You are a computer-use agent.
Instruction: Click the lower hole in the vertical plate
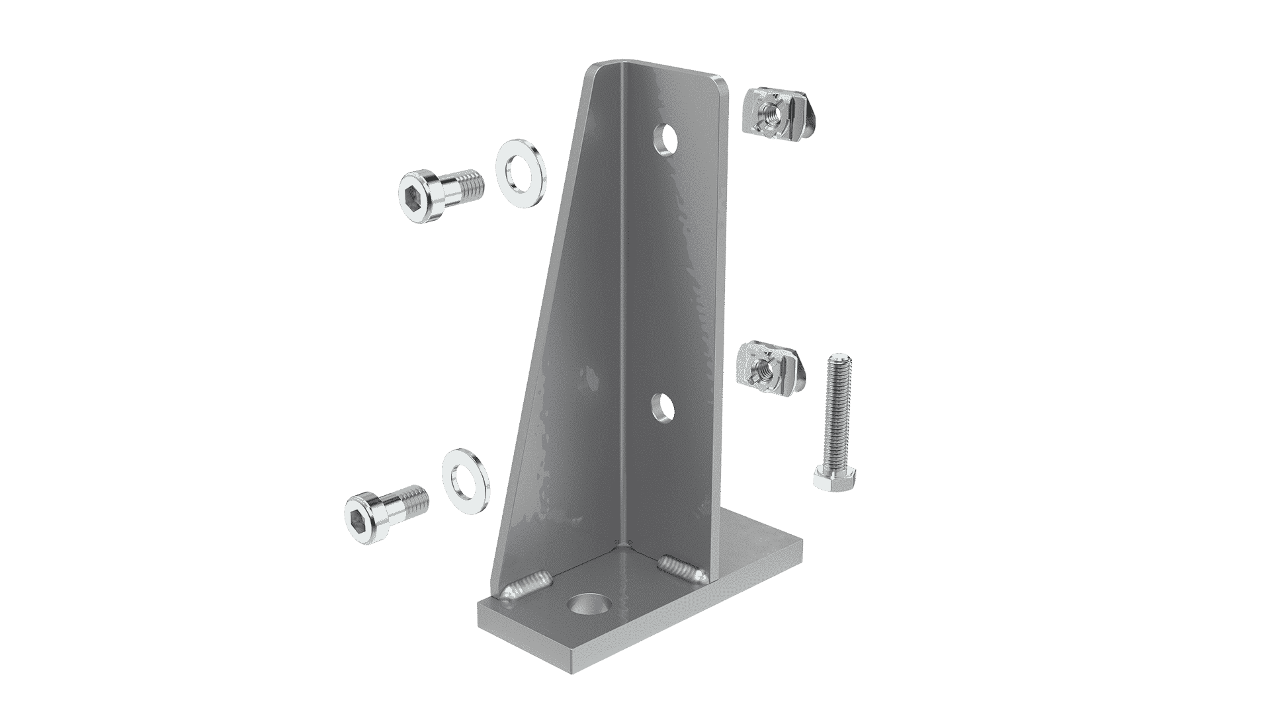pos(660,409)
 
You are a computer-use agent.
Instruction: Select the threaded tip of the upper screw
pos(474,183)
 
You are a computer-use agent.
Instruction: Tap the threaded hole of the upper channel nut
pos(769,112)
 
